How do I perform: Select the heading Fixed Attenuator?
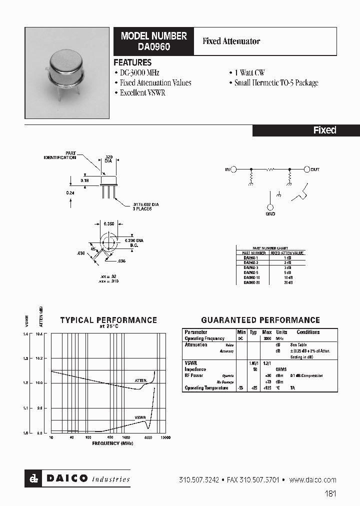pos(231,41)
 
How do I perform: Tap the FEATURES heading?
pos(132,62)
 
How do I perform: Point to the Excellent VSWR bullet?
pos(142,93)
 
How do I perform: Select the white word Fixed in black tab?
pos(324,130)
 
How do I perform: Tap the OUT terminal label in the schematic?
pos(314,170)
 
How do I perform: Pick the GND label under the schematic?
pos(270,213)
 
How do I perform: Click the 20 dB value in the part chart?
pos(287,282)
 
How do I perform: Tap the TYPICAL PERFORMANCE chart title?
pos(108,320)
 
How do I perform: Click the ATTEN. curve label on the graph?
pos(141,380)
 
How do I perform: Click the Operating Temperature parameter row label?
pos(206,388)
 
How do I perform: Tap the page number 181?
pos(330,493)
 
